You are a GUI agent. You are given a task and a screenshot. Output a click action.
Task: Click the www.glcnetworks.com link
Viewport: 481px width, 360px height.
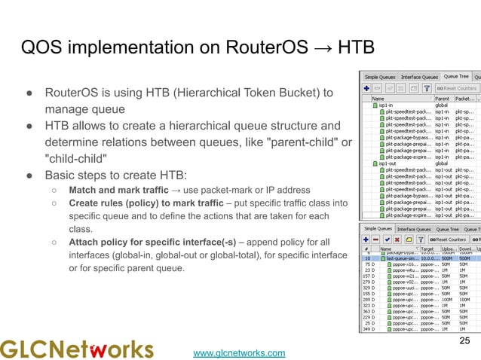point(240,352)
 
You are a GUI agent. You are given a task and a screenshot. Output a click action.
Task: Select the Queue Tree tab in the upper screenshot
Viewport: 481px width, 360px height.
point(456,77)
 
